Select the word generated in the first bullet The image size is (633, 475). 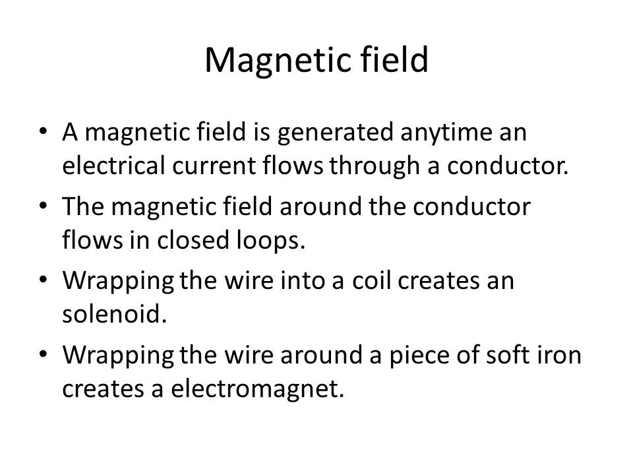(335, 133)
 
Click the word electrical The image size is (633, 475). (114, 165)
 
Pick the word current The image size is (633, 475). (214, 166)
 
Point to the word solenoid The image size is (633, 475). (114, 314)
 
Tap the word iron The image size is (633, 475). (558, 355)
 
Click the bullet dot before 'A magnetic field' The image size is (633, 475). (44, 131)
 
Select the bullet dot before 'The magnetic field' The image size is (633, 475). (44, 206)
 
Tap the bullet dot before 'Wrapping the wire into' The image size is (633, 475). (44, 280)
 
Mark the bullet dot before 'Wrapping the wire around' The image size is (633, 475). (44, 354)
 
